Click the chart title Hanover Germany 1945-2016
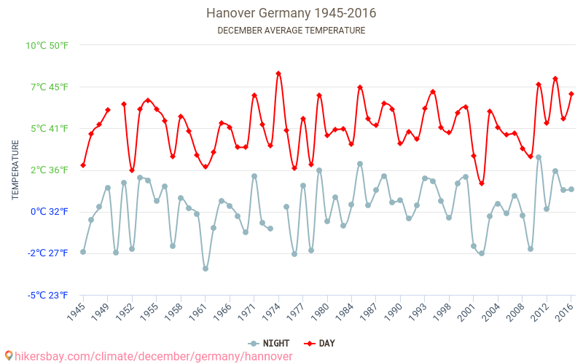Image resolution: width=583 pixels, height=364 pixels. tap(291, 13)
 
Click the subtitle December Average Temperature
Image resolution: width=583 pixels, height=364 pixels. tap(291, 31)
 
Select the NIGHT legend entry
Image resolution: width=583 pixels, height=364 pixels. tap(270, 343)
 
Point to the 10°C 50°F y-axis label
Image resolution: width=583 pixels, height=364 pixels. tap(47, 45)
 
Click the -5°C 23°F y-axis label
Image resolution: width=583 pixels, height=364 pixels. tap(47, 295)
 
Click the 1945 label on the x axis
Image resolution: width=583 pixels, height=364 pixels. tap(76, 312)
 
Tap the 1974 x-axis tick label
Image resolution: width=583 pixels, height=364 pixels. tap(272, 312)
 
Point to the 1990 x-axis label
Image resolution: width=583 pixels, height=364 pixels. tap(394, 312)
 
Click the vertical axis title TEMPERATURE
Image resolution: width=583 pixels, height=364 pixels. tap(15, 170)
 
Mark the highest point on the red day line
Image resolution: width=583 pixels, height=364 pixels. tap(278, 74)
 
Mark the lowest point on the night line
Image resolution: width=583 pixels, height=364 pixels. tap(206, 269)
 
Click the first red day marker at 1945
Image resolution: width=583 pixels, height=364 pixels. tap(83, 165)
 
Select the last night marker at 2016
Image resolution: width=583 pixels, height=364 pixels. tap(571, 189)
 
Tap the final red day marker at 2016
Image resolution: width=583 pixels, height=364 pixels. tap(571, 94)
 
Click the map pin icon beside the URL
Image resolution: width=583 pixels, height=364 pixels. tap(9, 356)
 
